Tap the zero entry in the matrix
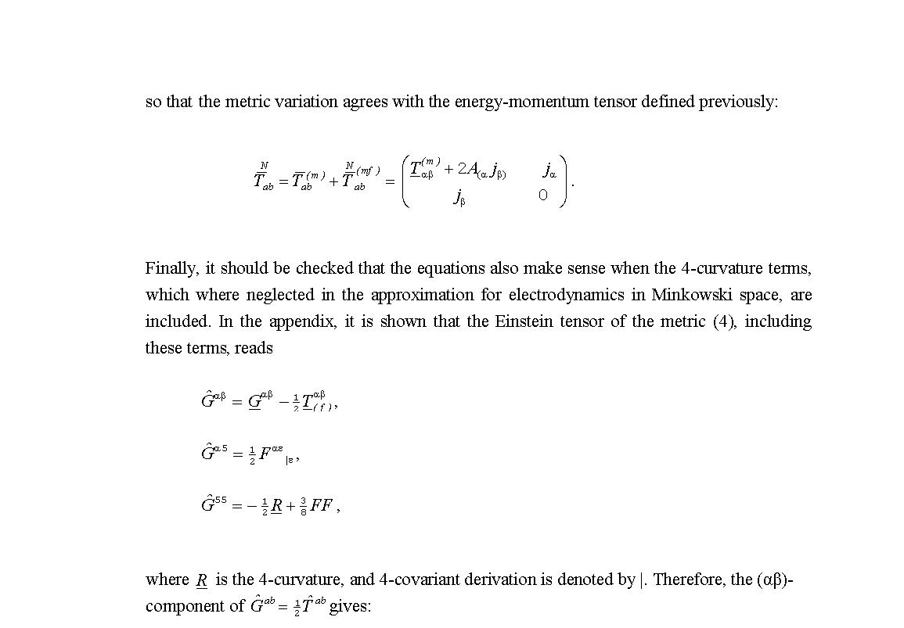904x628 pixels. pos(542,196)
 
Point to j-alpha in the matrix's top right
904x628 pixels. pos(550,170)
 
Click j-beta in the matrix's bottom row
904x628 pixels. pos(459,197)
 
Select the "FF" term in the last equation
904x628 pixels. pos(322,505)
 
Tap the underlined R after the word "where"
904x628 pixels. pos(201,580)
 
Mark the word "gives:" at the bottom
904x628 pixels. pos(350,606)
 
